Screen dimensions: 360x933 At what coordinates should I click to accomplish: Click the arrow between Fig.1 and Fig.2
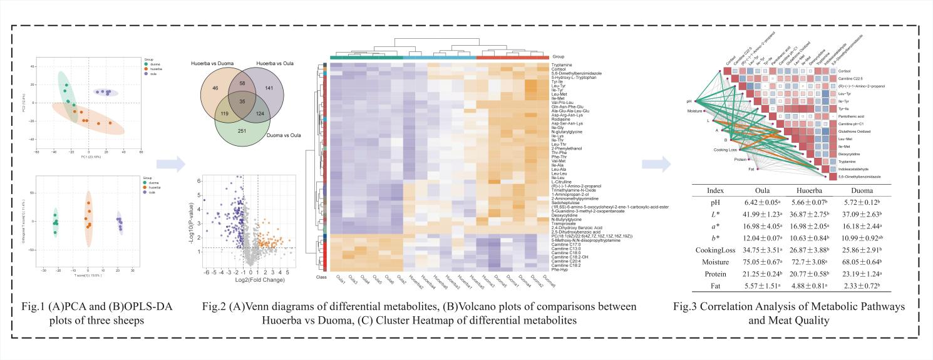165,164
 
